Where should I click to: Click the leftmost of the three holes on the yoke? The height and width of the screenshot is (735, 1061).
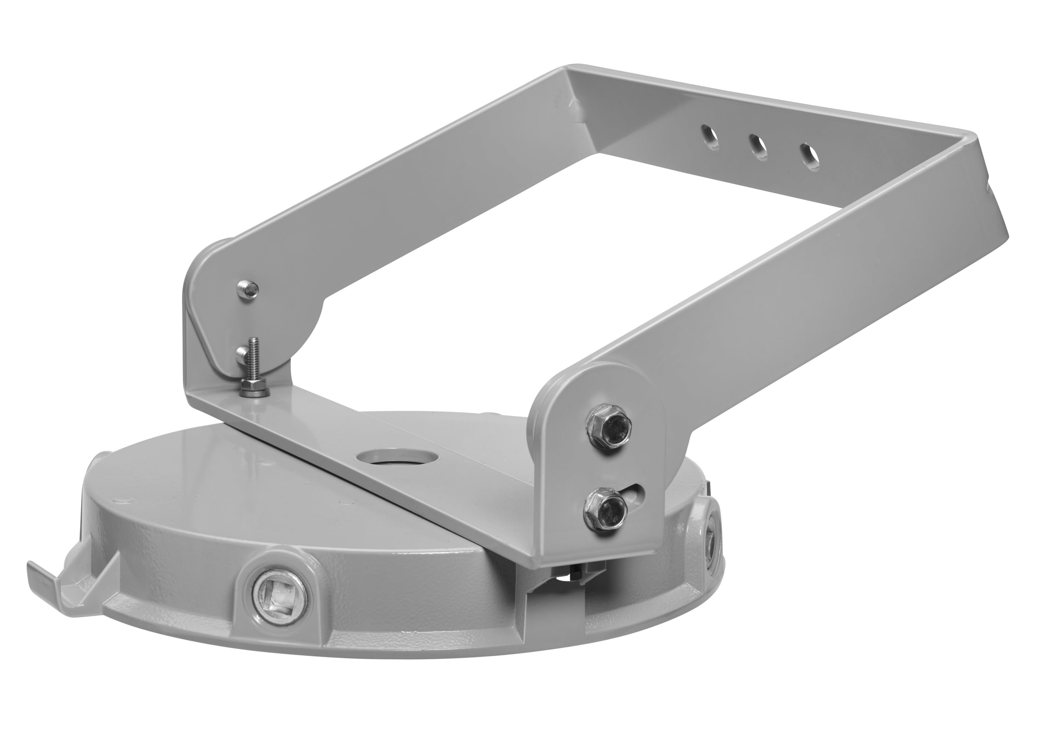tap(709, 136)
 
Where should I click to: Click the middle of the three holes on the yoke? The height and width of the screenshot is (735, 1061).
tap(758, 147)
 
